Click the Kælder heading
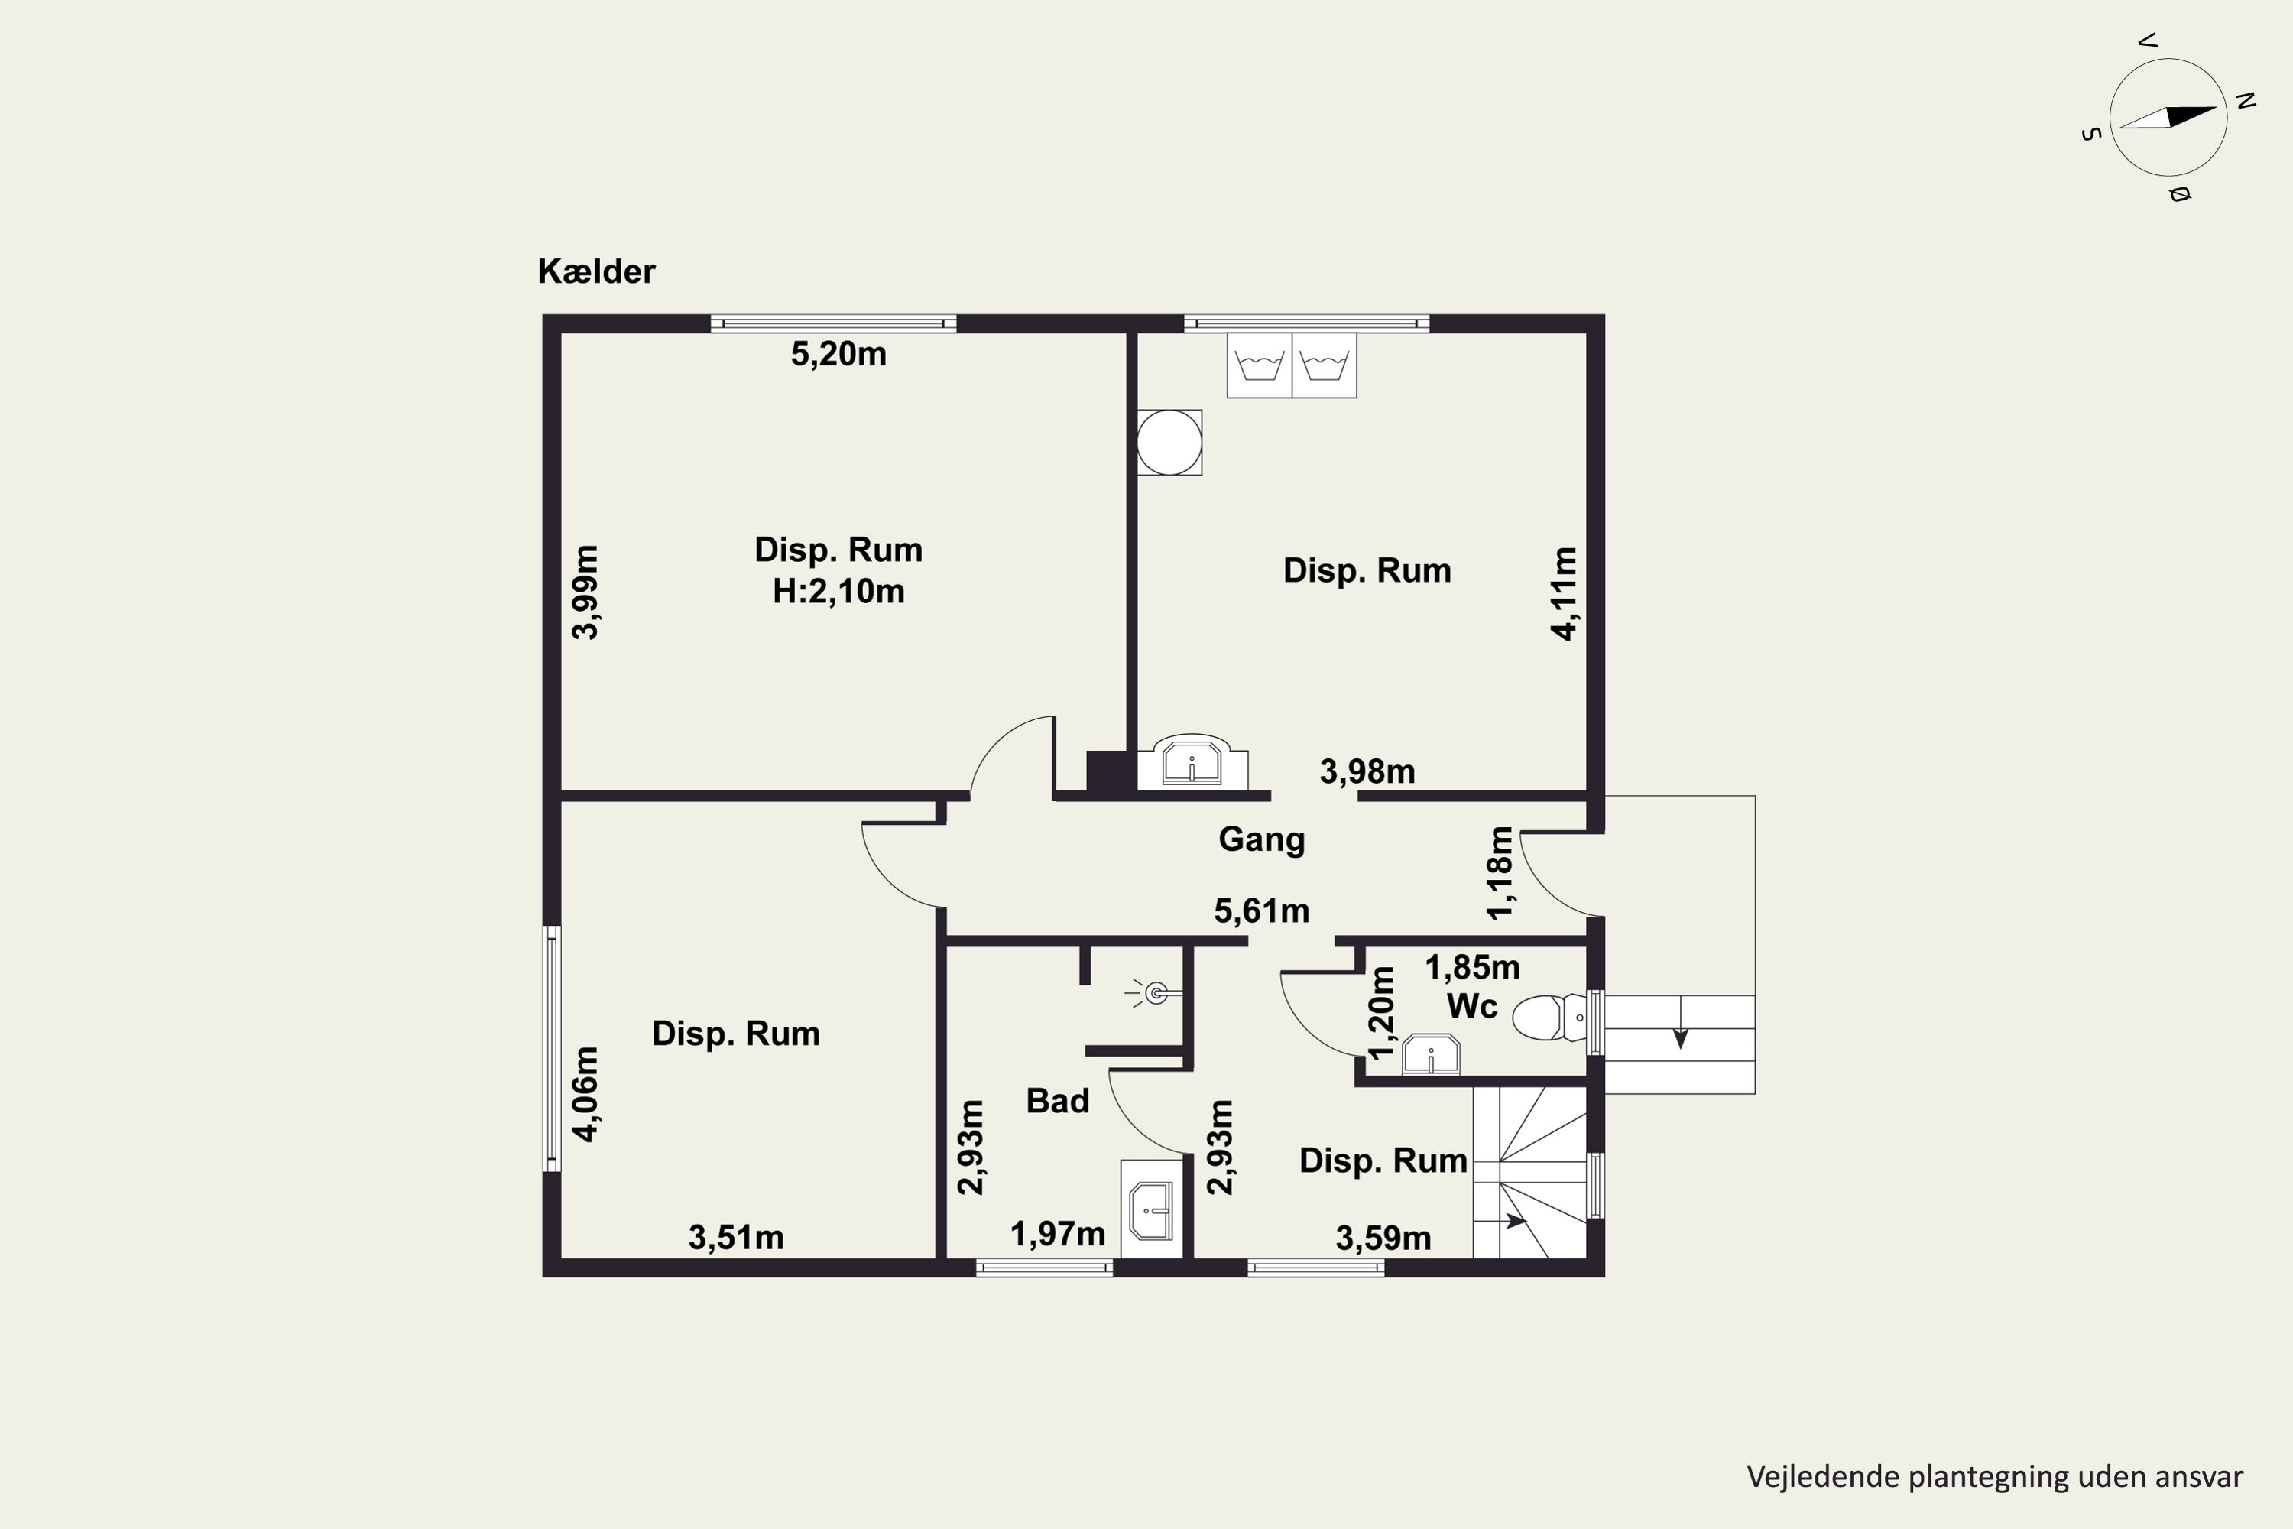click(x=597, y=271)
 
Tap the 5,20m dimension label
click(x=838, y=354)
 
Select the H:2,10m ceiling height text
click(x=838, y=591)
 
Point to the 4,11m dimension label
click(x=1564, y=593)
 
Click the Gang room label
click(x=1262, y=839)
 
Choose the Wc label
click(x=1472, y=1005)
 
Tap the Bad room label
click(x=1058, y=1101)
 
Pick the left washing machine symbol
click(x=1260, y=365)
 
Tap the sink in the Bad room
click(x=1151, y=1209)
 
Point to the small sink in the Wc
click(x=1431, y=1055)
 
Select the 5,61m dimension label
click(x=1262, y=911)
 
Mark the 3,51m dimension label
click(x=736, y=1238)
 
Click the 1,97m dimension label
click(x=1058, y=1235)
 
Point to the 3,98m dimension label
click(x=1367, y=771)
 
